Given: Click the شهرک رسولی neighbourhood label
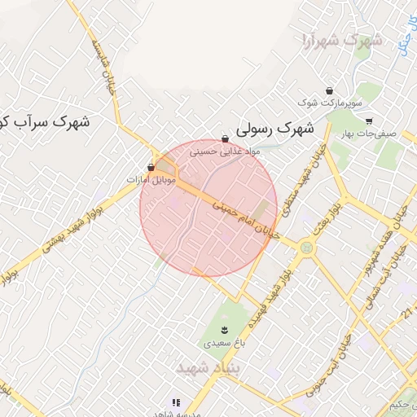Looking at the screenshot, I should pyautogui.click(x=274, y=128).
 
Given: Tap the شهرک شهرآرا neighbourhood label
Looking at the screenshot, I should pyautogui.click(x=341, y=40).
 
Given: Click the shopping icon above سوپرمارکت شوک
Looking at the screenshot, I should pyautogui.click(x=328, y=90).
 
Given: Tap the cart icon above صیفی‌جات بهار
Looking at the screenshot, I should pyautogui.click(x=369, y=121).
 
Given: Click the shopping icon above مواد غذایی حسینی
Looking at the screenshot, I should pyautogui.click(x=225, y=139).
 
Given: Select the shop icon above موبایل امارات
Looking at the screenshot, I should pyautogui.click(x=151, y=167).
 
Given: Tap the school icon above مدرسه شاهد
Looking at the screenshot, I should pyautogui.click(x=175, y=402).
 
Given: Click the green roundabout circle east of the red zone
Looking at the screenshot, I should pyautogui.click(x=305, y=244).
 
